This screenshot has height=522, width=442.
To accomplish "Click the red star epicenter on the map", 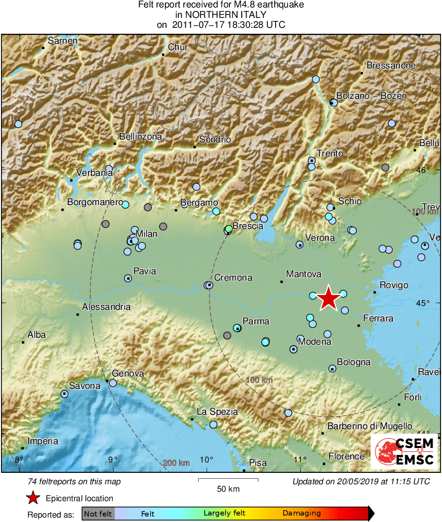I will (x=328, y=299).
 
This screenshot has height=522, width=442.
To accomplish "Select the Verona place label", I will (x=320, y=238).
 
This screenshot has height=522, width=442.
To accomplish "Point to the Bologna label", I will (x=354, y=362).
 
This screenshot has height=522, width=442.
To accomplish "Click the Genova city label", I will (x=128, y=373).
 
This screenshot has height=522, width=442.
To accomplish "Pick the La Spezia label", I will (x=218, y=412).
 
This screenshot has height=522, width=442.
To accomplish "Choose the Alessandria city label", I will (x=106, y=307).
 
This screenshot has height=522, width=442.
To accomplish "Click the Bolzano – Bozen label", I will (x=371, y=96).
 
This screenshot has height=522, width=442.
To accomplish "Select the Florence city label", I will (x=347, y=456).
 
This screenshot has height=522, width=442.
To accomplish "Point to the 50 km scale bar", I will (x=228, y=480).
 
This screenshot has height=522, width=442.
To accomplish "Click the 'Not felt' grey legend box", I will (x=98, y=514).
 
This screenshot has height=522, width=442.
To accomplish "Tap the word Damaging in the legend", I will (x=302, y=514).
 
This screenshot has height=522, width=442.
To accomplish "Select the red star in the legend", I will (x=33, y=498).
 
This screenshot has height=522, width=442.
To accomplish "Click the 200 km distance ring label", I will (x=177, y=463).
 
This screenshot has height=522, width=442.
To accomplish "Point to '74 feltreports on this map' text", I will (x=74, y=482).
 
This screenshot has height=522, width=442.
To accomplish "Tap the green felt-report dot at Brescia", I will (x=228, y=229).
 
